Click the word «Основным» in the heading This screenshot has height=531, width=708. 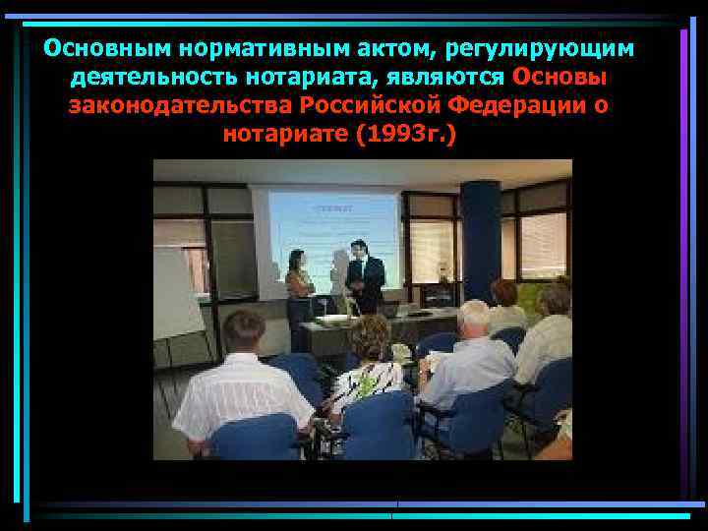tap(91, 48)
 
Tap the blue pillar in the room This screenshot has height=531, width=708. tap(480, 241)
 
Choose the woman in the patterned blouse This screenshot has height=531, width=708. tap(369, 369)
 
